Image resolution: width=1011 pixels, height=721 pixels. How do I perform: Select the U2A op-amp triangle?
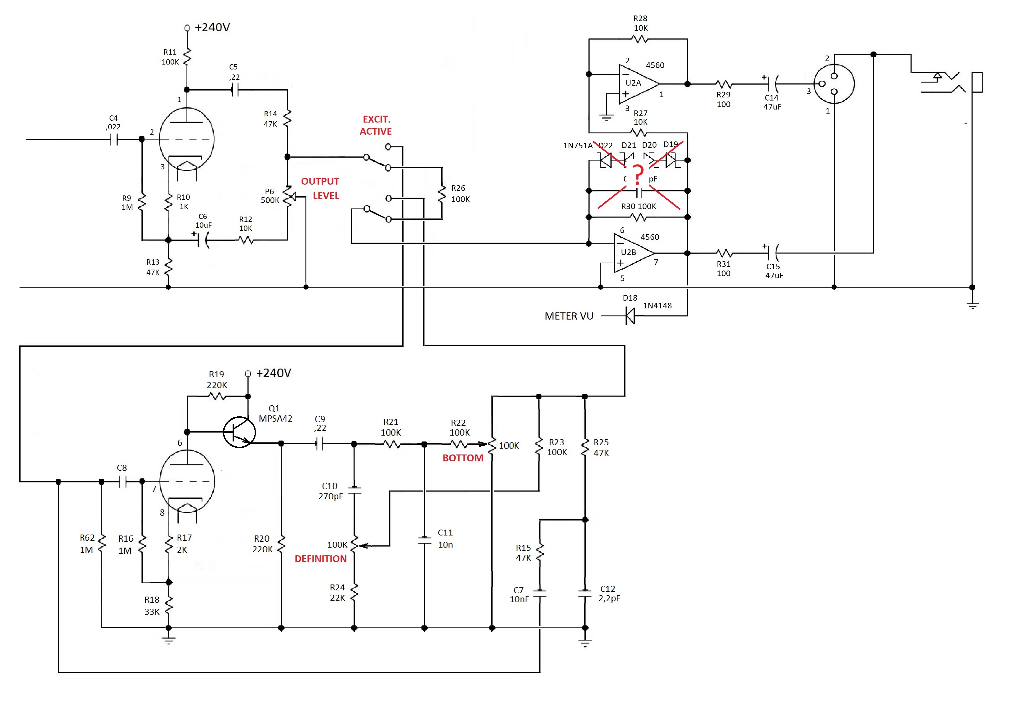(x=637, y=83)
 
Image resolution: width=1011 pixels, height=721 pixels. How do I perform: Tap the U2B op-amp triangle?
(x=632, y=253)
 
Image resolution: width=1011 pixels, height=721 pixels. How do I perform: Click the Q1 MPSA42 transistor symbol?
(x=239, y=432)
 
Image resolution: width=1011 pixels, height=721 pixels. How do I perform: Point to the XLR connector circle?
(x=834, y=84)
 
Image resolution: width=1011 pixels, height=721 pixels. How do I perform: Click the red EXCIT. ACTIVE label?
(x=376, y=125)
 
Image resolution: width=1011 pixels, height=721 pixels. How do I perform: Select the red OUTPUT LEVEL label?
(x=320, y=188)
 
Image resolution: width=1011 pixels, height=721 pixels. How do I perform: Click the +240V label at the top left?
(x=212, y=28)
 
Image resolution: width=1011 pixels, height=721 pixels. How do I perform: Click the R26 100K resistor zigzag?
(x=442, y=194)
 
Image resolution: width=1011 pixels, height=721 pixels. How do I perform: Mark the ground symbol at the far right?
(x=972, y=306)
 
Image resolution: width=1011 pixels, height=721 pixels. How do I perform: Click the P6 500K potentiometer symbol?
(x=287, y=196)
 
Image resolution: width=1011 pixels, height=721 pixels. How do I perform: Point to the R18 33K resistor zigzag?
(x=169, y=605)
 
